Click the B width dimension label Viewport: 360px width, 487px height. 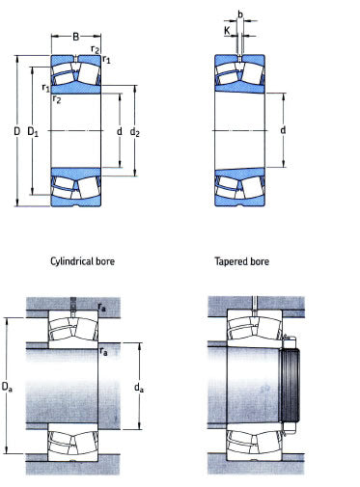(75, 37)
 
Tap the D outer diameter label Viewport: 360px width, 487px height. (17, 131)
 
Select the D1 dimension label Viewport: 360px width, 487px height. (33, 131)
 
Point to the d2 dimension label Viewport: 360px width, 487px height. (135, 132)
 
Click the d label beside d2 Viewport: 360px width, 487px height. (120, 131)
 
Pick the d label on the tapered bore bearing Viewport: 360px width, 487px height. (283, 130)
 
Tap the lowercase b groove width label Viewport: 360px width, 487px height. (240, 14)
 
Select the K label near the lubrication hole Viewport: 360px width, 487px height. (227, 31)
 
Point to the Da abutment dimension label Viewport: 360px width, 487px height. (7, 387)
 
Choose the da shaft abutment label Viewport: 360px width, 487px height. (139, 388)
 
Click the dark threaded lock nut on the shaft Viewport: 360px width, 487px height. (290, 386)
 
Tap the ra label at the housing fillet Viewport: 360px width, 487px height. (102, 308)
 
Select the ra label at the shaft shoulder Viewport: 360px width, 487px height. (103, 351)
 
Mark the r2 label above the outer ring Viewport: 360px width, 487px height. (95, 49)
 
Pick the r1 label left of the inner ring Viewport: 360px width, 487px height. (46, 88)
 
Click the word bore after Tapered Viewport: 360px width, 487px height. (260, 261)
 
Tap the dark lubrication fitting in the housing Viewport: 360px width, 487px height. (72, 303)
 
